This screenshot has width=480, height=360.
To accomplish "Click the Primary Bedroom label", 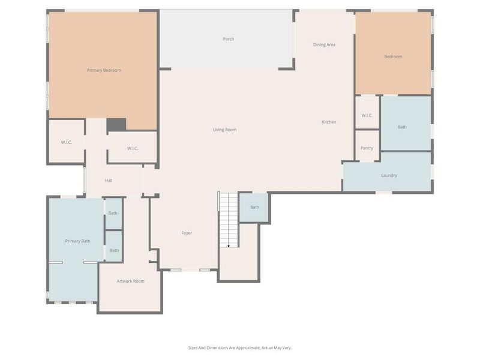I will tap(104, 70).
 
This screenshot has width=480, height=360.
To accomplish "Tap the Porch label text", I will tap(228, 39).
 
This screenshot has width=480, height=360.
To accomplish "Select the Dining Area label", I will tap(324, 44).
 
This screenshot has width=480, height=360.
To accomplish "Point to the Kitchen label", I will tap(329, 122).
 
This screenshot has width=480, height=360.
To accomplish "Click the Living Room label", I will tap(224, 130).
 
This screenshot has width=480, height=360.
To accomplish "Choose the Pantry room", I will tap(367, 148).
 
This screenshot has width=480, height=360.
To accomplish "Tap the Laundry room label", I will tap(389, 175).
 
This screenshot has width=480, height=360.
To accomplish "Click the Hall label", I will tap(109, 181).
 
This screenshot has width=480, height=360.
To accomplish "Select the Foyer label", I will tap(187, 233).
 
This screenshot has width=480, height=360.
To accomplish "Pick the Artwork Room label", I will tap(130, 281).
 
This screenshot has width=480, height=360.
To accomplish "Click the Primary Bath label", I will tap(77, 241).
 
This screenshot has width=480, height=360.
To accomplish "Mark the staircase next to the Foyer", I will tap(228, 219).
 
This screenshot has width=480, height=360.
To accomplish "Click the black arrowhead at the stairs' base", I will tap(229, 245).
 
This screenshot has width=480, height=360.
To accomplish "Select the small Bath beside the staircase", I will tap(254, 207).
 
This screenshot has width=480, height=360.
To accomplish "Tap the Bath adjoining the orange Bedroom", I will tap(402, 127).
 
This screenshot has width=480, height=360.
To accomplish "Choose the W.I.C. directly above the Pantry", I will tap(367, 115).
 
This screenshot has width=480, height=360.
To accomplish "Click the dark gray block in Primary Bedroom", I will tap(116, 125).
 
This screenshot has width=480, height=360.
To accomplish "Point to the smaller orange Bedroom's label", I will tap(393, 56).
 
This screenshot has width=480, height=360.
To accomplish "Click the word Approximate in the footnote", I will tap(246, 347).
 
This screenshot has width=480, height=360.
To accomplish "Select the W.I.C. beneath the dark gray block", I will tap(133, 148).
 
